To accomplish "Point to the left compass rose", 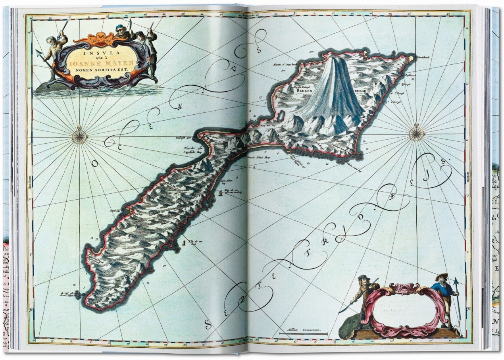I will pos(80,137).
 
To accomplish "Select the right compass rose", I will pos(416,133).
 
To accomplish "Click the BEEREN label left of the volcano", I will pos(305,90).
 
